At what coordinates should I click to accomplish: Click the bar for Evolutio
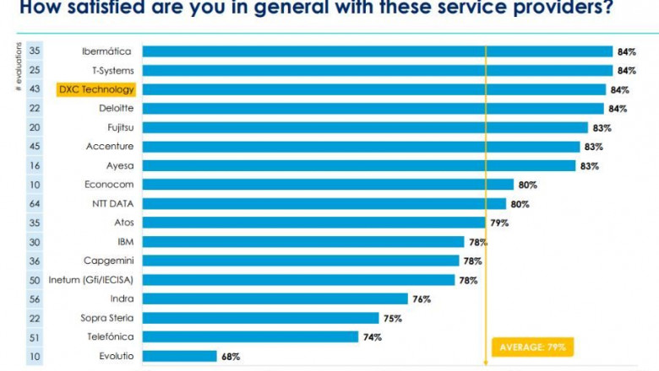(x=179, y=357)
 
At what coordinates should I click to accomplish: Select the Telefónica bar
(x=250, y=337)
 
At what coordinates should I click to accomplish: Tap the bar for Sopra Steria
(x=260, y=318)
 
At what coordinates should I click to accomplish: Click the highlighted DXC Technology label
(x=96, y=89)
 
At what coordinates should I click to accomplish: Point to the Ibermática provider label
(x=106, y=51)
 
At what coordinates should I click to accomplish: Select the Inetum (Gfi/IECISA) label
(x=96, y=280)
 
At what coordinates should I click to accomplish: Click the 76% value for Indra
(x=422, y=299)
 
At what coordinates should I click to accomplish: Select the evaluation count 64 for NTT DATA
(x=35, y=204)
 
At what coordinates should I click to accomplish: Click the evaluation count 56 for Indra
(x=35, y=299)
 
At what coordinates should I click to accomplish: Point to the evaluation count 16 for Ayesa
(x=35, y=166)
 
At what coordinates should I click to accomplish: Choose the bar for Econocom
(x=328, y=185)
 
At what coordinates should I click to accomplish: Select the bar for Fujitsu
(x=365, y=127)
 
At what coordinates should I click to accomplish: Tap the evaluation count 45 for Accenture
(x=35, y=147)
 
